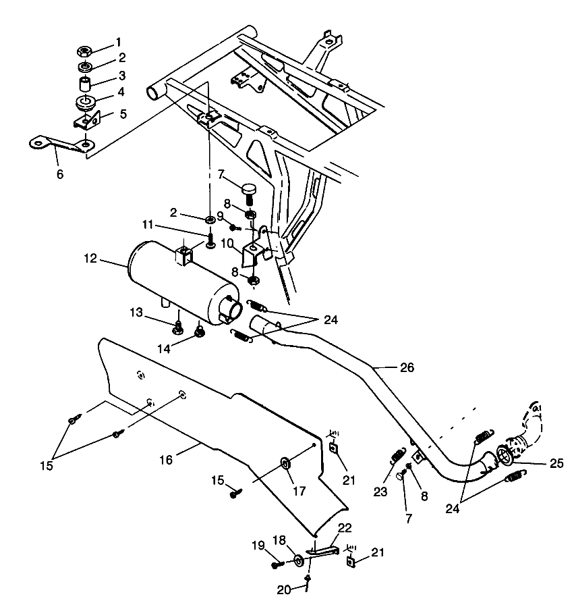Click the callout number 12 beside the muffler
pyautogui.click(x=91, y=258)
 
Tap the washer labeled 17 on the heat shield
pyautogui.click(x=285, y=463)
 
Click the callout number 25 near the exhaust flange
pyautogui.click(x=556, y=463)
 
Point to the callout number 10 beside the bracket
pyautogui.click(x=227, y=242)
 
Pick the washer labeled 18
pyautogui.click(x=297, y=560)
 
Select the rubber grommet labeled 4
pyautogui.click(x=86, y=105)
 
